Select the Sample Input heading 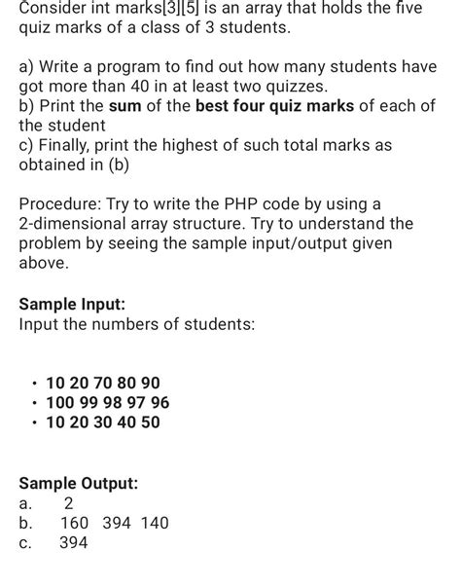pos(72,303)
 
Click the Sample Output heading pos(79,483)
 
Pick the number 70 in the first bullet pos(104,384)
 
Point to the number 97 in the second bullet pos(136,403)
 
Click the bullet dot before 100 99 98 pos(35,403)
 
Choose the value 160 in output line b pos(75,524)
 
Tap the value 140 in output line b pos(153,524)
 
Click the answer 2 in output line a pos(68,503)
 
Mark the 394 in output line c pos(74,543)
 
